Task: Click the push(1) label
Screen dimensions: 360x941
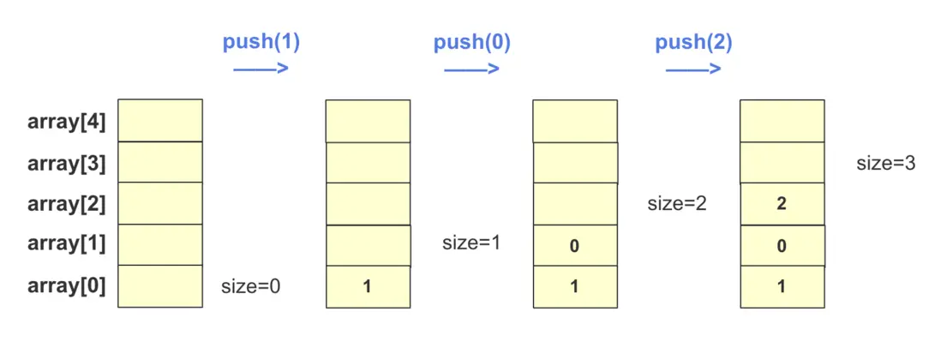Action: click(x=261, y=43)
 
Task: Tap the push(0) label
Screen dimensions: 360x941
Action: click(x=471, y=43)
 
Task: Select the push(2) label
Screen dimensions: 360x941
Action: click(x=693, y=43)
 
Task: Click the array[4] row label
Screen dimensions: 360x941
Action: click(x=67, y=122)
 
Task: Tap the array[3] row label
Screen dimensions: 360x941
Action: click(x=67, y=163)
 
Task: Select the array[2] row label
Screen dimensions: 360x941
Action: click(x=67, y=204)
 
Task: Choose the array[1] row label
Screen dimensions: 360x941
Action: click(x=67, y=244)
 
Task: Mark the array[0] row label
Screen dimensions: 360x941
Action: click(x=67, y=285)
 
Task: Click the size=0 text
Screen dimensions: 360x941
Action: click(x=251, y=286)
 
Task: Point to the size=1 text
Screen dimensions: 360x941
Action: click(x=471, y=243)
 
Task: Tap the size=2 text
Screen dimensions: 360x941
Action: click(x=676, y=203)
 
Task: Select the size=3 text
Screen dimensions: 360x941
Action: click(x=886, y=163)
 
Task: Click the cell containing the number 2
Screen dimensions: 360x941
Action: click(x=782, y=204)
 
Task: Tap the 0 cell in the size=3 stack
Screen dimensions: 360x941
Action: click(x=782, y=245)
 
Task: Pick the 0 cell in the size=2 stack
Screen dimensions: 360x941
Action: click(x=574, y=245)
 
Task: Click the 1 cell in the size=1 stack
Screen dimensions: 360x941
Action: click(x=368, y=286)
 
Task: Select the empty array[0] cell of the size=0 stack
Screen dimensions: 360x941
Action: click(x=160, y=286)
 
